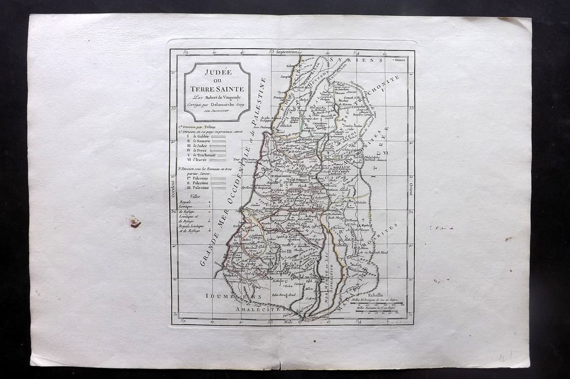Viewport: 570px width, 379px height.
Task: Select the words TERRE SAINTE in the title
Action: (217, 89)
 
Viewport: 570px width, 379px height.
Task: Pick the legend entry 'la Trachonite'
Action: (203, 155)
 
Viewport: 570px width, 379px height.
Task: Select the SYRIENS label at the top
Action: (357, 60)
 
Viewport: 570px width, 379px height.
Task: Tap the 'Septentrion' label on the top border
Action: (288, 52)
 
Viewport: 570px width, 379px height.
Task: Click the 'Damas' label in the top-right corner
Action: (400, 60)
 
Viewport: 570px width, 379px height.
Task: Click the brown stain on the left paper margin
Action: (135, 222)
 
